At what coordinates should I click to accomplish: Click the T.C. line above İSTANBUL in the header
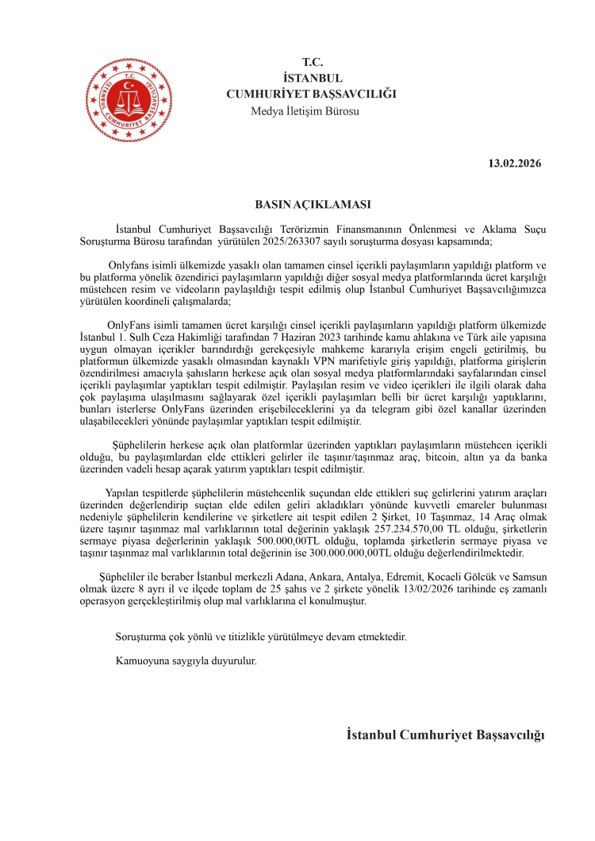coord(312,62)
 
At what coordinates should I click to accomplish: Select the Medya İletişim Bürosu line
coord(305,111)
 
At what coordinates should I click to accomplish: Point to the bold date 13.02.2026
coord(514,164)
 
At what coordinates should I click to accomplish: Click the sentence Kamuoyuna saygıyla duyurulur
coord(186,660)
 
